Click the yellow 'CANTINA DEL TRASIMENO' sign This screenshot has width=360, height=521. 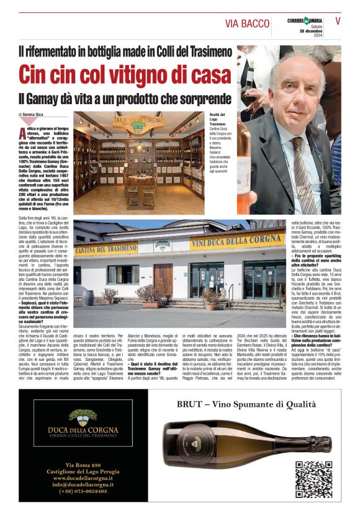point(106,249)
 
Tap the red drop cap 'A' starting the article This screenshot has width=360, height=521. point(22,132)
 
